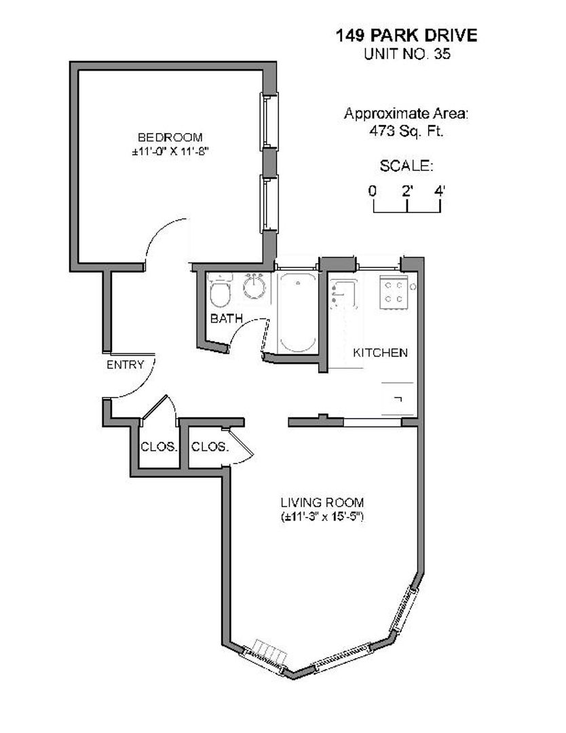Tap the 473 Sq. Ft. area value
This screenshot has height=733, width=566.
coord(406,131)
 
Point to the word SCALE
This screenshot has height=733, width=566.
coord(406,166)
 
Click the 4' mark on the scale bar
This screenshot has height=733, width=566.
coord(440,191)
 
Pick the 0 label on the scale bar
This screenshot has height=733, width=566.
coord(373,191)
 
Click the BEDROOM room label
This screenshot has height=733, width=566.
coord(170,137)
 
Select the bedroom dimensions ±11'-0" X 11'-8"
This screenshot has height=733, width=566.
coord(170,153)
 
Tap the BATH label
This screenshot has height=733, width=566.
coord(225,318)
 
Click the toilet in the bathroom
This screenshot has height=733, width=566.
coord(219,293)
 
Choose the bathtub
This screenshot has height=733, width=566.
coord(296,312)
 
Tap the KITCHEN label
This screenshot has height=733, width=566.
coord(380,352)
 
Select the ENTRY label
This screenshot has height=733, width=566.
coord(126,364)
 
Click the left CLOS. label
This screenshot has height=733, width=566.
coord(159,447)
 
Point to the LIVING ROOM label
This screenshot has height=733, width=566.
coord(322,503)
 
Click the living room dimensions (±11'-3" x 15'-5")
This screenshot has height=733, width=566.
coord(322,517)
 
